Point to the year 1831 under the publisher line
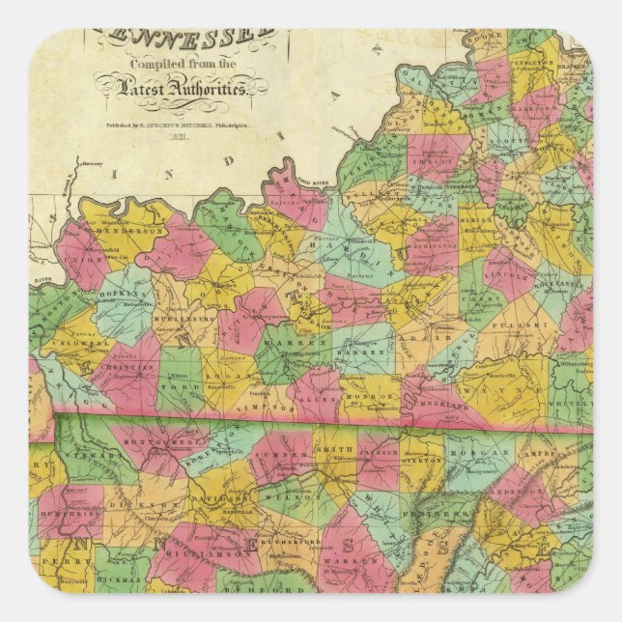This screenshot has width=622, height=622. click(x=177, y=136)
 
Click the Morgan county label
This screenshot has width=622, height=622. click(x=478, y=450)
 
